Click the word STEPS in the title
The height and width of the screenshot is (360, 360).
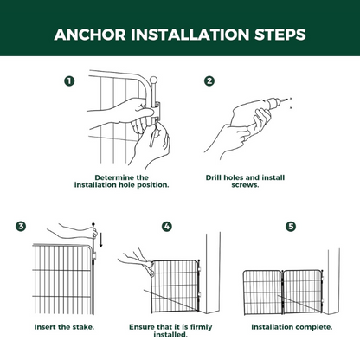click(276, 35)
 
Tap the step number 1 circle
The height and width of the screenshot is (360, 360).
click(69, 81)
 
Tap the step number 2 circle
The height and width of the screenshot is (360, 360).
click(209, 81)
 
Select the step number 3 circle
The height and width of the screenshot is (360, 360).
click(21, 228)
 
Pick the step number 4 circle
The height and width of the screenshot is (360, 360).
click(166, 228)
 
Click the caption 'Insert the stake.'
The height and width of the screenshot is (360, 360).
click(64, 327)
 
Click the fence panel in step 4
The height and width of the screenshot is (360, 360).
click(175, 286)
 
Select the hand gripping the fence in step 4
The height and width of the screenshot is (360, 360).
click(134, 258)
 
